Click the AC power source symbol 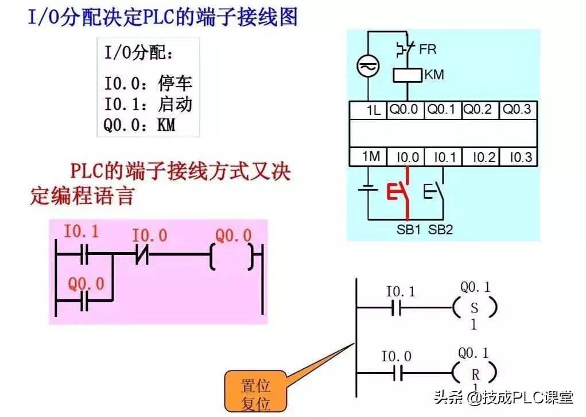pos(366,67)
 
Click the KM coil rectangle pos(408,75)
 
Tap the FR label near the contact pos(428,49)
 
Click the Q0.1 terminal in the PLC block pos(443,110)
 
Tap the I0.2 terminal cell pos(480,157)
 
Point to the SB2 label pos(441,230)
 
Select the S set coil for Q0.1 pos(474,309)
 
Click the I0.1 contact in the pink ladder pos(84,254)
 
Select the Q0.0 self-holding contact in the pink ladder pos(84,300)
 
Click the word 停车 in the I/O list pos(175,84)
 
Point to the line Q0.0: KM pos(139,125)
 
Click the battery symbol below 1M pos(367,190)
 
